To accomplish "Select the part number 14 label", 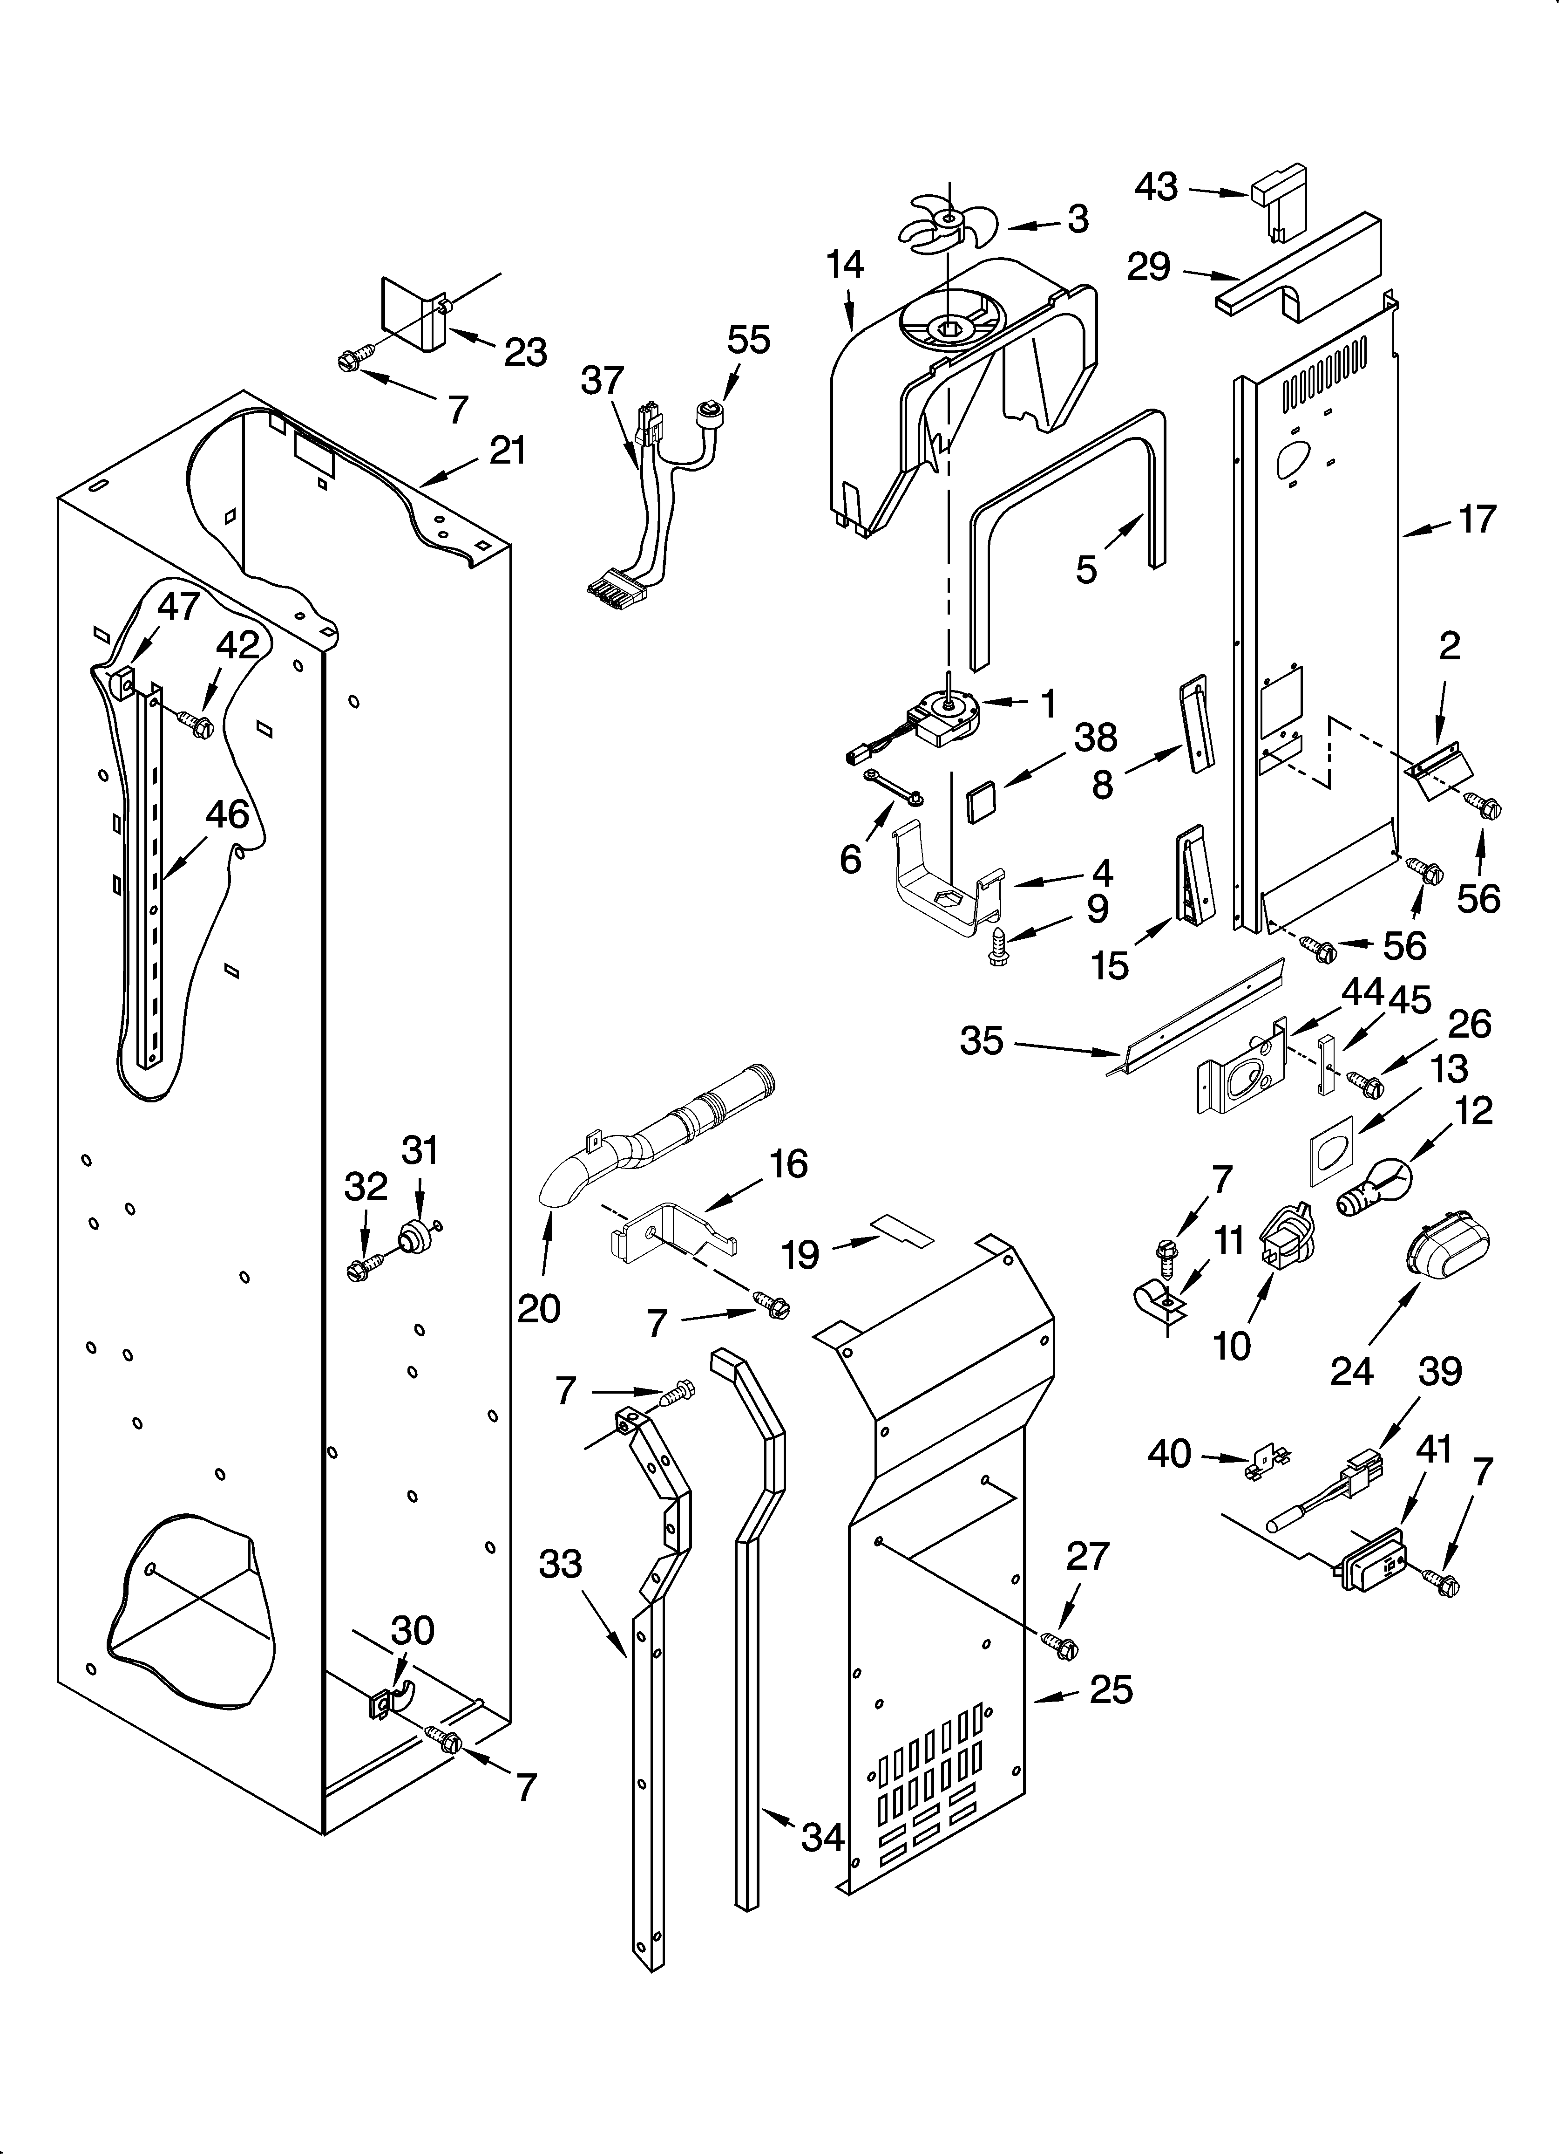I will tap(844, 265).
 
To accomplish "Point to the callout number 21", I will tap(507, 450).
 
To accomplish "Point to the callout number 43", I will tap(1156, 187).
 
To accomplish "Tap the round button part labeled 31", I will tap(414, 1236).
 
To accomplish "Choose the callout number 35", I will tap(981, 1041).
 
